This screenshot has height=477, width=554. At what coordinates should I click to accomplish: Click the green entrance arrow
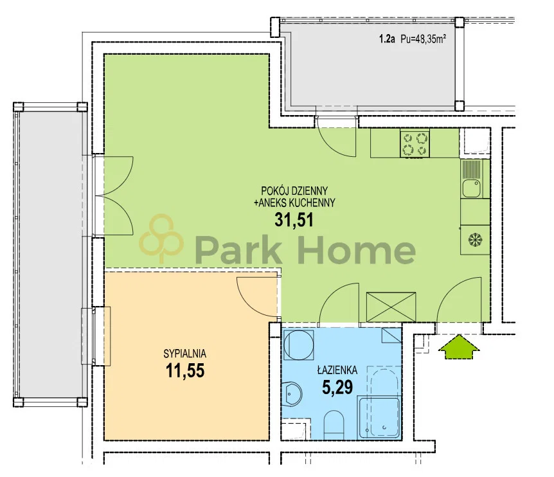[459, 348]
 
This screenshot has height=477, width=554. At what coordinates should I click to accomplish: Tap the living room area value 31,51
[294, 220]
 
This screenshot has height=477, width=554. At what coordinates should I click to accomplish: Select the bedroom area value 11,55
[185, 371]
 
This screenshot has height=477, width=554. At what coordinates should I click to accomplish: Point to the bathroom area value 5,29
[337, 387]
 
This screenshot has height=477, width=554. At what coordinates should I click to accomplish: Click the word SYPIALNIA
[185, 354]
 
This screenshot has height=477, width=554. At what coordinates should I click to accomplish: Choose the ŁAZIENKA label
[337, 370]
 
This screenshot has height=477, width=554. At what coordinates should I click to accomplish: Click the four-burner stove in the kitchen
[415, 143]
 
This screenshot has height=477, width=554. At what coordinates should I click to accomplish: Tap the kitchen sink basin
[472, 188]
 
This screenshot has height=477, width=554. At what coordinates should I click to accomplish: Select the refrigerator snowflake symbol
[475, 240]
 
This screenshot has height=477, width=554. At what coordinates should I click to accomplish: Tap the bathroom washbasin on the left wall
[293, 393]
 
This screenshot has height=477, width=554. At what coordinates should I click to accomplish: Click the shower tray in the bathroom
[379, 419]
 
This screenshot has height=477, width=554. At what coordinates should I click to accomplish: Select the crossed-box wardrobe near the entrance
[391, 307]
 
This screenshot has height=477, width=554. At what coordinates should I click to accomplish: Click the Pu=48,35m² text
[423, 39]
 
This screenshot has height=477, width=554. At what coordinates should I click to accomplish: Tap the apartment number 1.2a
[387, 39]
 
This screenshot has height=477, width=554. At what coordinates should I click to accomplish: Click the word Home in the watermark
[357, 249]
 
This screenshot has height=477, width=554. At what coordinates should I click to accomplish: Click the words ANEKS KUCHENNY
[294, 203]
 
